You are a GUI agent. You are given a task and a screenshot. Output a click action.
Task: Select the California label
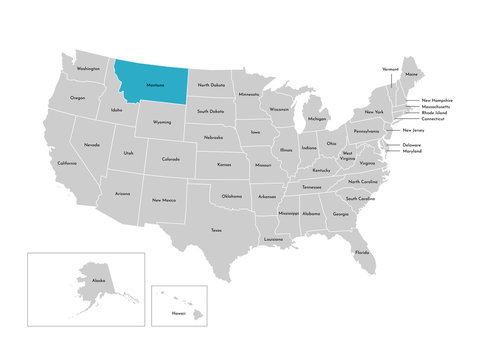[67, 163]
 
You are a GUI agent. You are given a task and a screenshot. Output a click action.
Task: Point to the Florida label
[361, 252]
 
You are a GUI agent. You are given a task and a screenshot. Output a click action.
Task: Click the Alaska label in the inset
[98, 282]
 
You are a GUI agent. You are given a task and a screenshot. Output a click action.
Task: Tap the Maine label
[411, 75]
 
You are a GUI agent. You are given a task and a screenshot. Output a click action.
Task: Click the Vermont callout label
[390, 69]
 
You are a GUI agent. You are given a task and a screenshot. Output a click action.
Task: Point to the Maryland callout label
[412, 152]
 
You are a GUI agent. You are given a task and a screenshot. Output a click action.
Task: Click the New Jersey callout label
[414, 130]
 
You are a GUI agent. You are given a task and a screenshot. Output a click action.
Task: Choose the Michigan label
[317, 119]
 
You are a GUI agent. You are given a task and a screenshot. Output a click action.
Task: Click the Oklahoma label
[232, 196]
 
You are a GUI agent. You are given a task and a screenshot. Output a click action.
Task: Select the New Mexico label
[164, 200]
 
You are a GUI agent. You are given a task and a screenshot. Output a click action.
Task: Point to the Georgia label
[341, 214]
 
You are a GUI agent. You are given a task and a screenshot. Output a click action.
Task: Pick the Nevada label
[91, 145]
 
